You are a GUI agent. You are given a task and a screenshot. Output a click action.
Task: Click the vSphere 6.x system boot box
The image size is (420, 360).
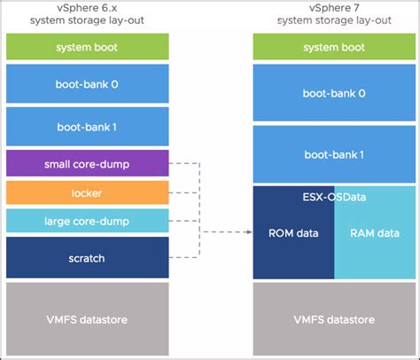[x=86, y=46]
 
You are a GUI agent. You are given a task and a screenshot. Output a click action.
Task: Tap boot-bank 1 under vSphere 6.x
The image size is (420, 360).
[x=86, y=127]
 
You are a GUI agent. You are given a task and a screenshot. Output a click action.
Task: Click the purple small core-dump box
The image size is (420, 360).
[x=86, y=163]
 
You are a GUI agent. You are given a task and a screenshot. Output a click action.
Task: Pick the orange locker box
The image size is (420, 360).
[x=86, y=192]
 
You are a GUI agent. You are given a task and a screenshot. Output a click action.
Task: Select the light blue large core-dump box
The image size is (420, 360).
[x=86, y=222]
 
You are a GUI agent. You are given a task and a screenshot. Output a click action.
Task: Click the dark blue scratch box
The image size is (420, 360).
[x=86, y=257]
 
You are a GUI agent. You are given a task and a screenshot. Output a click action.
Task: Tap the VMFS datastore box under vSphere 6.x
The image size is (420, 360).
[x=86, y=317]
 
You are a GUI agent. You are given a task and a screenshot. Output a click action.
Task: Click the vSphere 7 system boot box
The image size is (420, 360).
[x=334, y=46]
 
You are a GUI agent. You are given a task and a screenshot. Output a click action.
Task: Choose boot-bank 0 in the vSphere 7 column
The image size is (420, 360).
[x=334, y=91]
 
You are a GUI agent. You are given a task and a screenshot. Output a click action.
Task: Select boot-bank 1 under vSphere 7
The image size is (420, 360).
[x=334, y=153]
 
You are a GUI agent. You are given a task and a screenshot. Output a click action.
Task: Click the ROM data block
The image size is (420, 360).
[x=293, y=234]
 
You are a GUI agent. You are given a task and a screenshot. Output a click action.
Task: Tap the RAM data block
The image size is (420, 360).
[x=375, y=234]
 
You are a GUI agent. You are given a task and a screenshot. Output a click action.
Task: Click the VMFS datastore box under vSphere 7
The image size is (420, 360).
[x=334, y=317]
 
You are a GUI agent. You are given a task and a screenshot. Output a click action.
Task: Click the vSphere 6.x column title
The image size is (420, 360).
[x=86, y=14]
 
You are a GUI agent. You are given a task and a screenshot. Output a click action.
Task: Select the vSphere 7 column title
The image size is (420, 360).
[x=334, y=14]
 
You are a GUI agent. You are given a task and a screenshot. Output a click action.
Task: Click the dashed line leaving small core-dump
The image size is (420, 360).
[x=182, y=163]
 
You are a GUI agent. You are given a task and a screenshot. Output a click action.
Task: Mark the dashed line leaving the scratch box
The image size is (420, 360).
[x=182, y=258]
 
